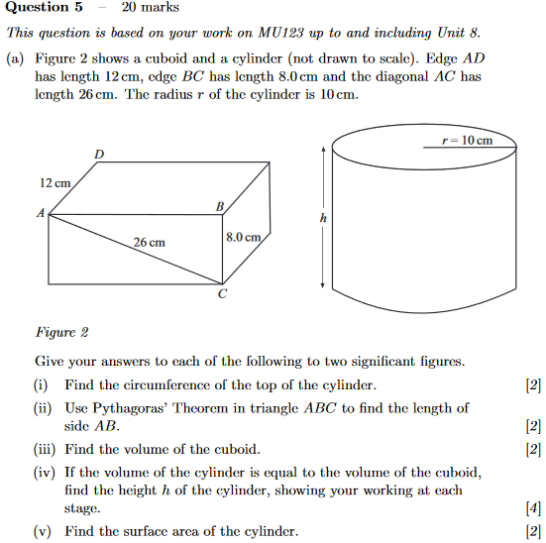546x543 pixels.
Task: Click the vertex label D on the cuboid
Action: pos(98,154)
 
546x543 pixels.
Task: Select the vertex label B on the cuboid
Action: pos(220,205)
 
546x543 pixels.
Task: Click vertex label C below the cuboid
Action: pos(222,295)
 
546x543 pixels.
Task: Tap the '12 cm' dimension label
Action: pos(55,183)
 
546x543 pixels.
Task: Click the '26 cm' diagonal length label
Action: pos(150,243)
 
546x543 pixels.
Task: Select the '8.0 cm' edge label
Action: pos(243,238)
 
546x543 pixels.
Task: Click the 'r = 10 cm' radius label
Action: pos(468,141)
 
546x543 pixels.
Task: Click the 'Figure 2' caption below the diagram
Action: pos(61,333)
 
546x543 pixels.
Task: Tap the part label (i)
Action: pos(43,385)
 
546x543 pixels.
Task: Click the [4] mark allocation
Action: pos(534,509)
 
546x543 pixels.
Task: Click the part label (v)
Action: pos(43,531)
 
